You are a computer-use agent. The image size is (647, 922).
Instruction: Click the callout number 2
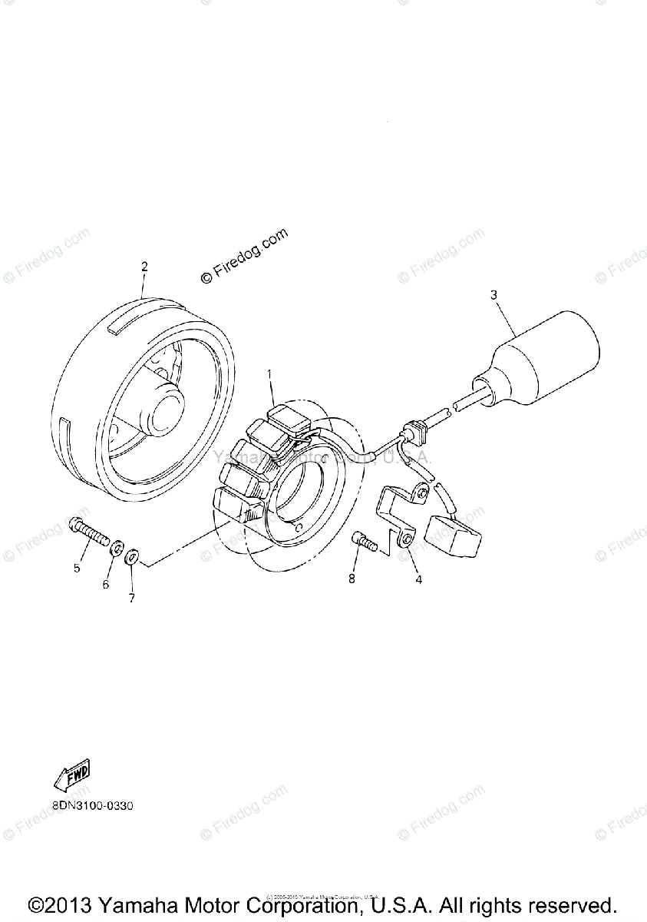click(144, 267)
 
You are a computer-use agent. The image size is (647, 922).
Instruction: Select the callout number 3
click(494, 294)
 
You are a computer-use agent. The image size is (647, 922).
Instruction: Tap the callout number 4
click(418, 580)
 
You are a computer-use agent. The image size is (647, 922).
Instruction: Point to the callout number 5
click(77, 569)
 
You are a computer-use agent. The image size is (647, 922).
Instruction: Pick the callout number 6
click(106, 585)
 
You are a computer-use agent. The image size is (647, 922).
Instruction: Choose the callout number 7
click(131, 598)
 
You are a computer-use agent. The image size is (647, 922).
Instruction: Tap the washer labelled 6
click(117, 549)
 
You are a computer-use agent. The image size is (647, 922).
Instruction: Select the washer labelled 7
click(133, 555)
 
